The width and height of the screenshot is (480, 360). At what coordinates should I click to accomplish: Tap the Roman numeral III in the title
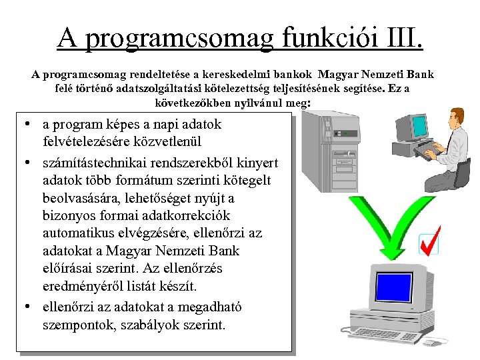point(403,38)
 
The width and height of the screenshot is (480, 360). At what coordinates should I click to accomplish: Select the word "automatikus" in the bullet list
point(78,233)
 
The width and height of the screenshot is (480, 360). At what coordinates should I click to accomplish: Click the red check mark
point(429,240)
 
